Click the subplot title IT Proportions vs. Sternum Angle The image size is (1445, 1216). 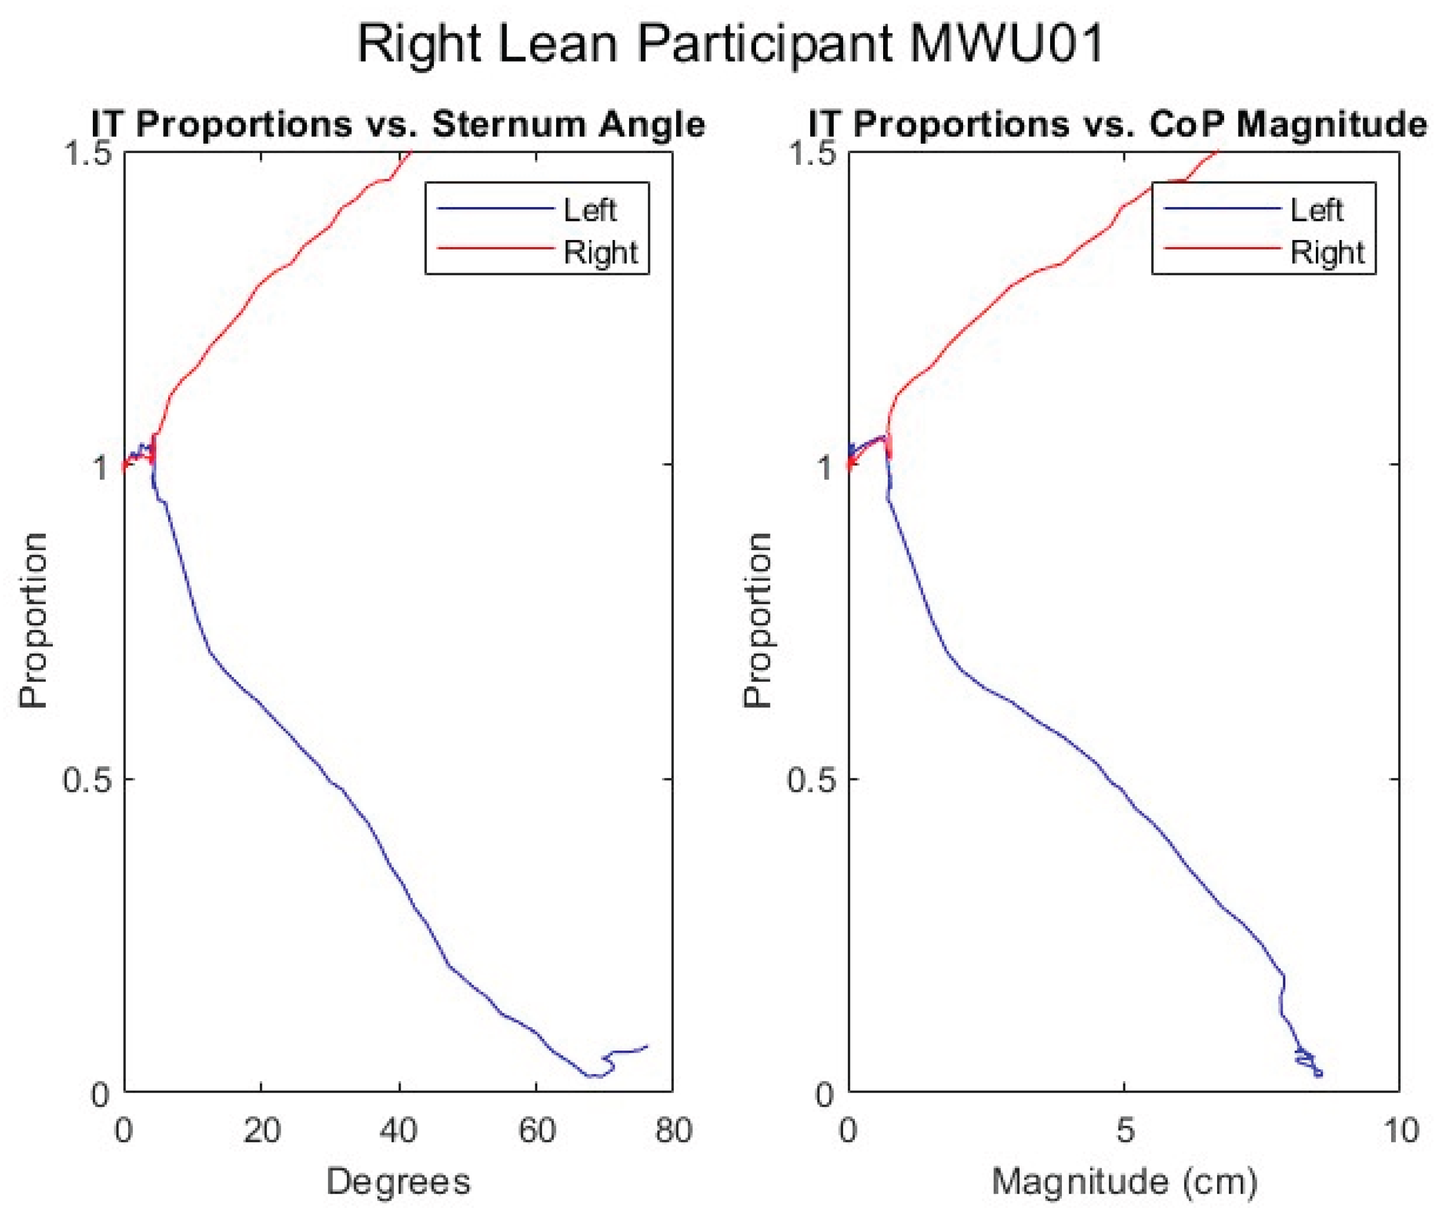(x=399, y=125)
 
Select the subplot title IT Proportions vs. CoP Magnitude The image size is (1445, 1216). (x=1117, y=125)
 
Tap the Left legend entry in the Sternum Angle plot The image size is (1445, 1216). (x=590, y=210)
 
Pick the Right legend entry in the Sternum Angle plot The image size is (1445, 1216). (x=600, y=252)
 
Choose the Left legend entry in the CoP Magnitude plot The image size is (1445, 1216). (x=1316, y=210)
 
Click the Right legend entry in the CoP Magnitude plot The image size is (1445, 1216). (x=1327, y=252)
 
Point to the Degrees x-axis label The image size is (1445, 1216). (x=399, y=1181)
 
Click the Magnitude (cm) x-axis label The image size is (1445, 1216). (x=1124, y=1181)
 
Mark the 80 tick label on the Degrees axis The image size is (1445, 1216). (x=673, y=1131)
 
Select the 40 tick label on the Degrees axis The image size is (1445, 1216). (x=399, y=1131)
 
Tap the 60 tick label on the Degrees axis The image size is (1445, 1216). (x=536, y=1131)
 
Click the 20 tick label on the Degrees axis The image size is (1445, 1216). (x=261, y=1131)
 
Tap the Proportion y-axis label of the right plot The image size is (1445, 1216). (x=757, y=621)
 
